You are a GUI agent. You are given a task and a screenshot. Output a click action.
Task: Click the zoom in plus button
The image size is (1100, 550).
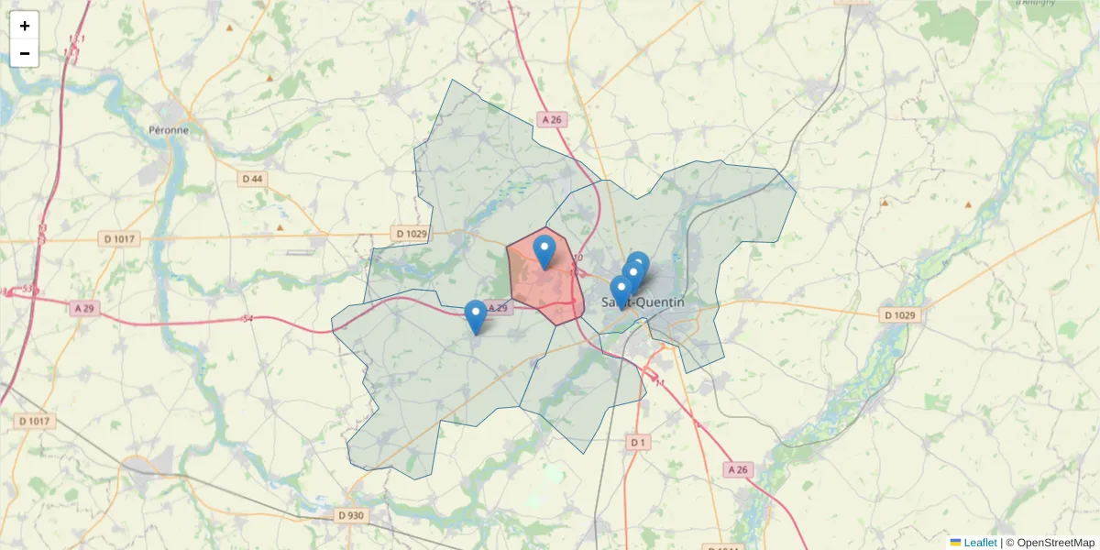click(25, 26)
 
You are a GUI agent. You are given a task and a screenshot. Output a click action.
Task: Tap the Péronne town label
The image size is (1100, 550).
click(168, 130)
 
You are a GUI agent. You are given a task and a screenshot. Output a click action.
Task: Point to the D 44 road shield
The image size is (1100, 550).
click(252, 179)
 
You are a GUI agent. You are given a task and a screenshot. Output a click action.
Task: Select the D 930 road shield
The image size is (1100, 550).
click(349, 515)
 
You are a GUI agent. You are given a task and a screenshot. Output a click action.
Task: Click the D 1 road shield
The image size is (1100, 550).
click(639, 443)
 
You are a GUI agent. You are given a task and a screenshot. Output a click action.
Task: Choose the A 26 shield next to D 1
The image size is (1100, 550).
click(737, 470)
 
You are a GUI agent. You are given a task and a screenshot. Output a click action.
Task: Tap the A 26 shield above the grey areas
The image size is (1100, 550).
click(551, 119)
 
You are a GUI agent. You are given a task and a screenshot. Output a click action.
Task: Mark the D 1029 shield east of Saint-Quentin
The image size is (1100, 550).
click(899, 315)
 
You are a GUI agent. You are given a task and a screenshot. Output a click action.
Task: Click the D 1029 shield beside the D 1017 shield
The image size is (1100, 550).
click(411, 234)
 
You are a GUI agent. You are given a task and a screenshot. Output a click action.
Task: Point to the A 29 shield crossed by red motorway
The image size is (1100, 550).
click(83, 309)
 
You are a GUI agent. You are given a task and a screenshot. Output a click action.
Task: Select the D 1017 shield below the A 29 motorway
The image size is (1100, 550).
click(36, 422)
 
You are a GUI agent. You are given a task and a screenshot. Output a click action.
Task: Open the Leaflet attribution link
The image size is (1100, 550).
click(980, 543)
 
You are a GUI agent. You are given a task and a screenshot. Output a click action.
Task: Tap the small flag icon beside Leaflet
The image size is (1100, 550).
click(955, 543)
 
